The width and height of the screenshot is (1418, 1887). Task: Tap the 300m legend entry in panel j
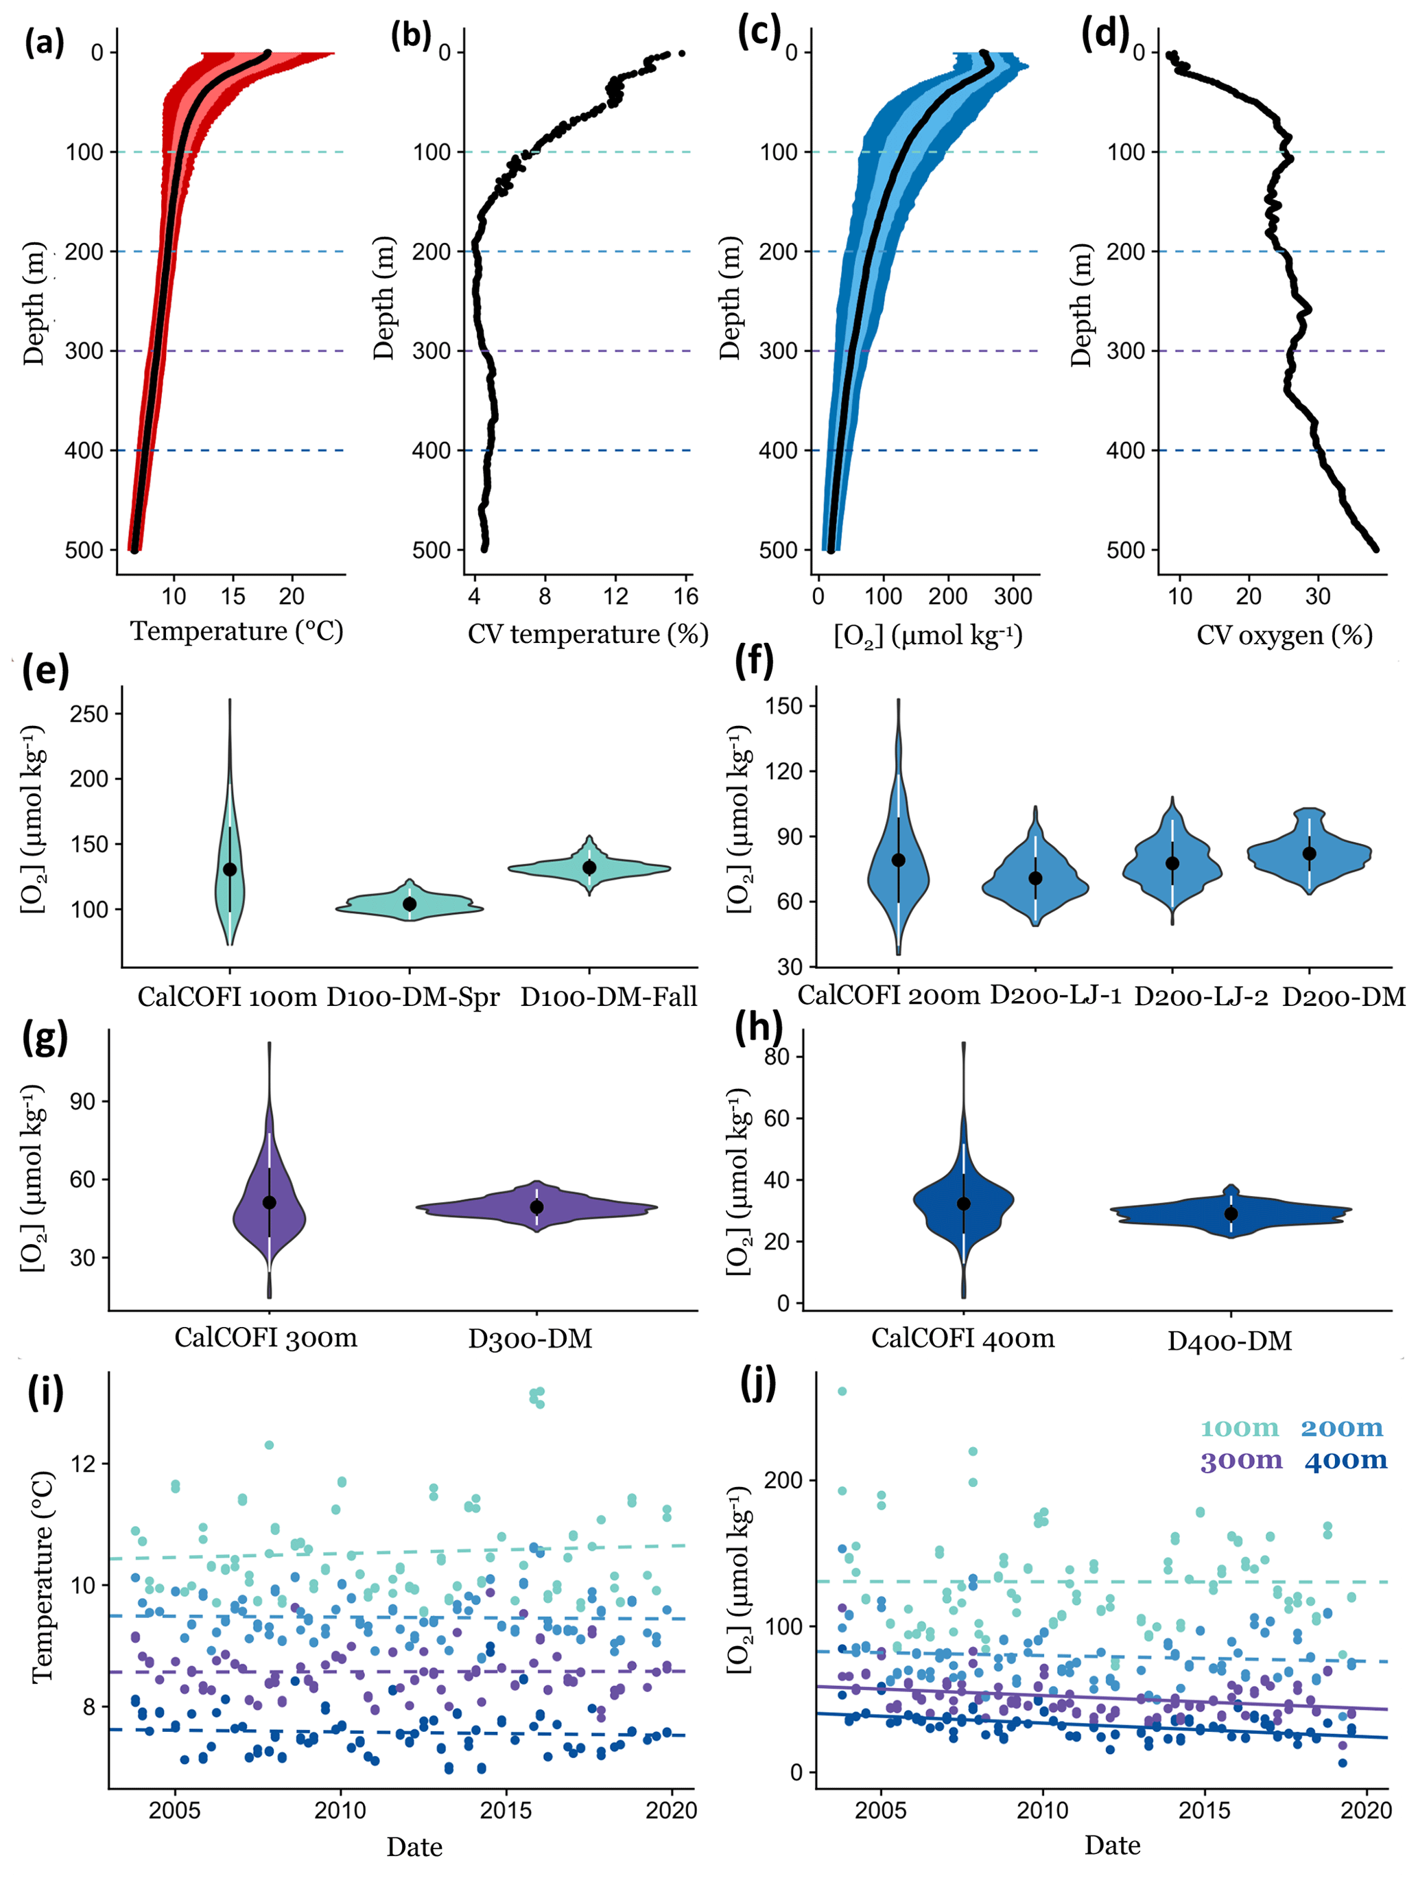pyautogui.click(x=1240, y=1460)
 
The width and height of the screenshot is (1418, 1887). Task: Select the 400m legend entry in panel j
pyautogui.click(x=1345, y=1460)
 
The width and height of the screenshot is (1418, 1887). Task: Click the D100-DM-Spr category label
pyautogui.click(x=413, y=996)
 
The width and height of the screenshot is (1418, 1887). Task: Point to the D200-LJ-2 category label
pyautogui.click(x=1200, y=996)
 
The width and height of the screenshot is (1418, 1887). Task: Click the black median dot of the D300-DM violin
pyautogui.click(x=536, y=1207)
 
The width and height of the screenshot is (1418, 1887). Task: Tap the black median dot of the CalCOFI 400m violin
pyautogui.click(x=964, y=1204)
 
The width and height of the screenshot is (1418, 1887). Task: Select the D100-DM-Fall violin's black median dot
pyautogui.click(x=589, y=867)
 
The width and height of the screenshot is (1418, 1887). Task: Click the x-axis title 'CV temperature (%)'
pyautogui.click(x=587, y=634)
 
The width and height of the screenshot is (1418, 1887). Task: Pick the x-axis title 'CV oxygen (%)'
pyautogui.click(x=1284, y=635)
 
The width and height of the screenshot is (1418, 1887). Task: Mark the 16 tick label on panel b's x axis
pyautogui.click(x=685, y=596)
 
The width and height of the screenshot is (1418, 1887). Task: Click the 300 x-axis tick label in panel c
pyautogui.click(x=1013, y=596)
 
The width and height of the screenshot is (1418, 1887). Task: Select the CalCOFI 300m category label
pyautogui.click(x=266, y=1337)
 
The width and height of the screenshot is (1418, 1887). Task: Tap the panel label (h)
pyautogui.click(x=758, y=1031)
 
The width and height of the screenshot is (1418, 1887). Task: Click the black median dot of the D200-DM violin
pyautogui.click(x=1310, y=854)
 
